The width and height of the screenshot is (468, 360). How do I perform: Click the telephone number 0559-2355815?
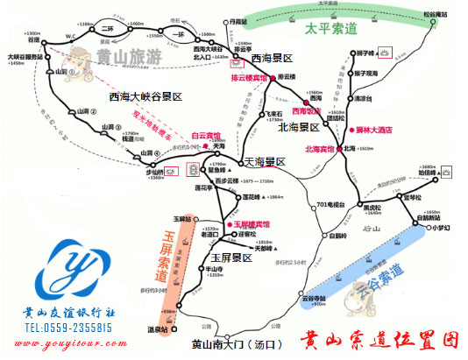coord(69,328)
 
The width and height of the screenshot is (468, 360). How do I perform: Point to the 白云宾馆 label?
coord(207,135)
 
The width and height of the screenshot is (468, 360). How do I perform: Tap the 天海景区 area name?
coord(265,161)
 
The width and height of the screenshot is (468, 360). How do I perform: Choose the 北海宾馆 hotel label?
coord(323,148)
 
